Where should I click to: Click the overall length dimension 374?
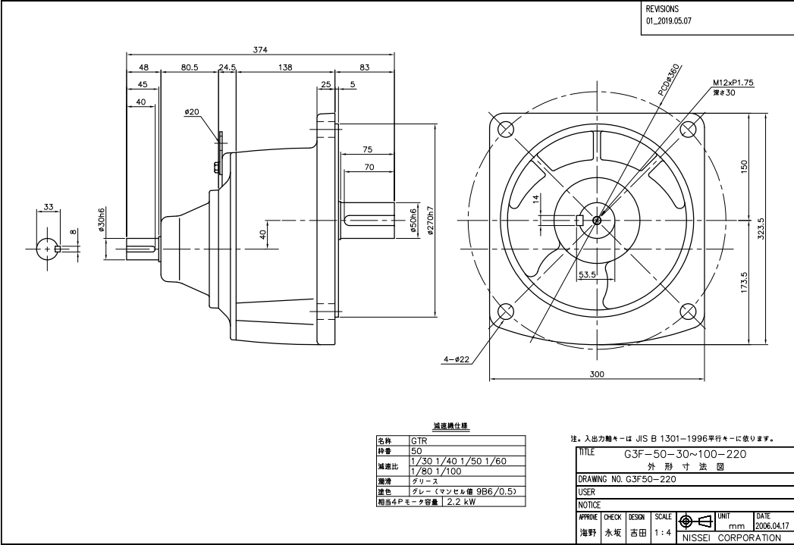[260, 49]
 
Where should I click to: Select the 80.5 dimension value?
[190, 67]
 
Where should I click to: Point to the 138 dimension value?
[285, 67]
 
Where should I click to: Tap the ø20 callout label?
[191, 112]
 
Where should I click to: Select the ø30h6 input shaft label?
[101, 219]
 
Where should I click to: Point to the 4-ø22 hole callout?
[457, 359]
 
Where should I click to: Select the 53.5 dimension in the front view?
[586, 274]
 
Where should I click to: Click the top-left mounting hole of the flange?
[503, 128]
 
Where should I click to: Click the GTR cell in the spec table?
[419, 440]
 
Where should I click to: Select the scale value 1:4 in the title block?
[661, 533]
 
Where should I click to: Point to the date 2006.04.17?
[772, 525]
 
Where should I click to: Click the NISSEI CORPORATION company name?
[731, 538]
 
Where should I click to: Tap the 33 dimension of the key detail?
[48, 207]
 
